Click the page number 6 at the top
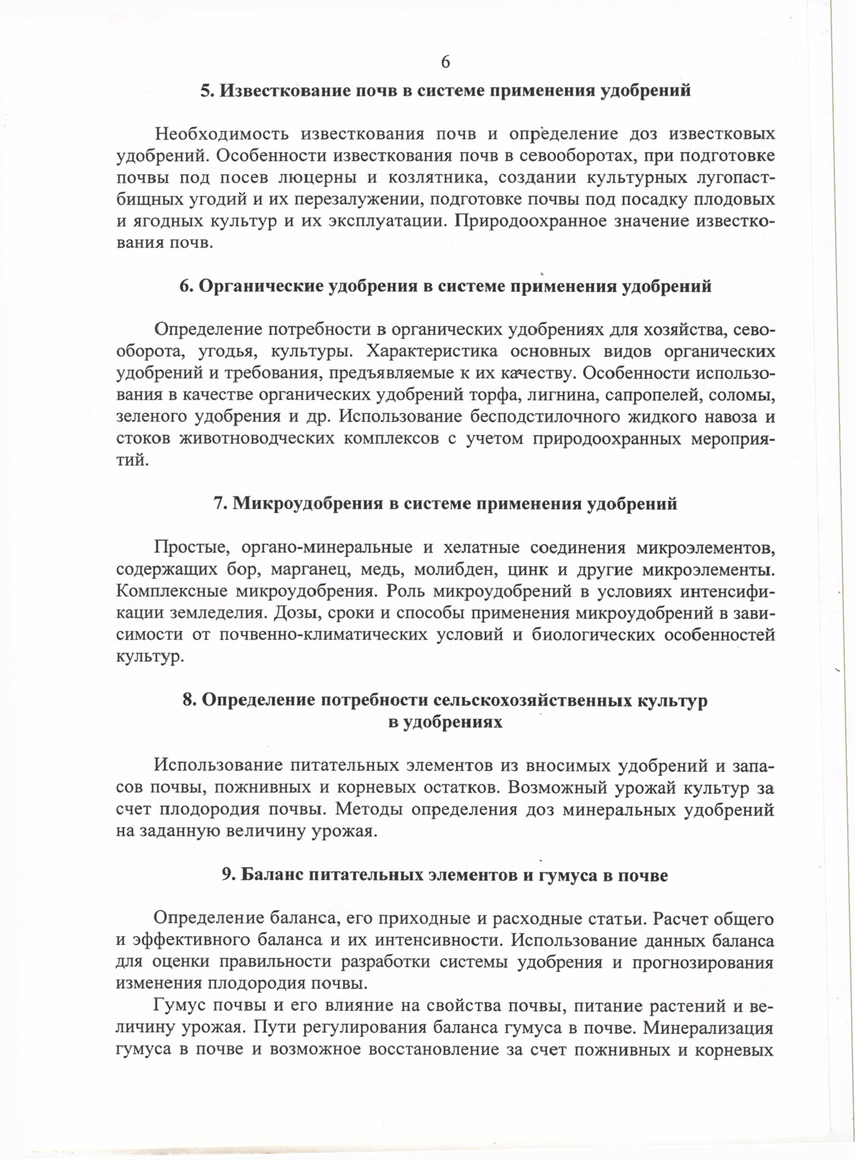[445, 62]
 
